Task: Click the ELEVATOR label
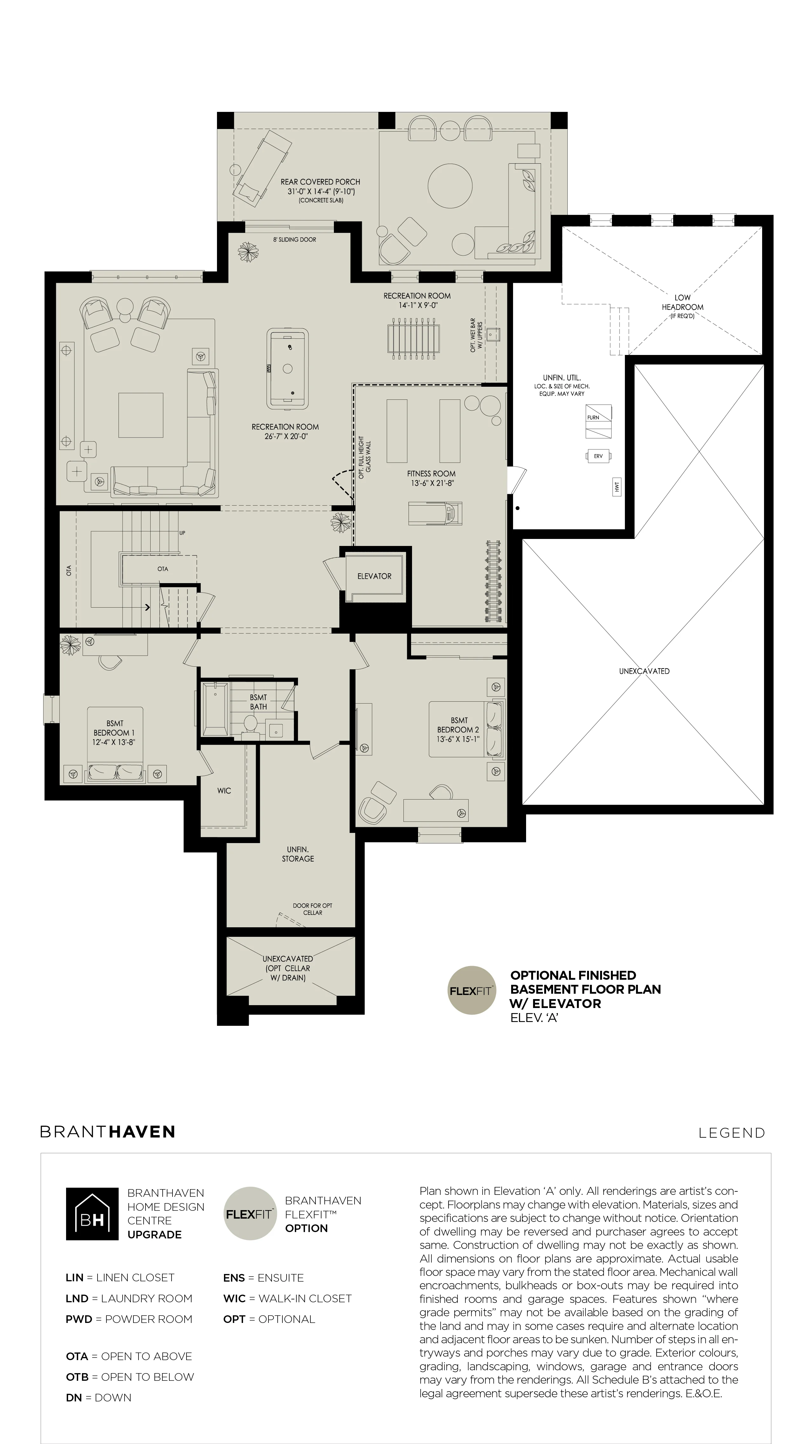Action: (x=374, y=576)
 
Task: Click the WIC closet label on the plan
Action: (x=224, y=791)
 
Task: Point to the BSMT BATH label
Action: (x=258, y=702)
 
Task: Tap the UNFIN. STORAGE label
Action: (x=298, y=854)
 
